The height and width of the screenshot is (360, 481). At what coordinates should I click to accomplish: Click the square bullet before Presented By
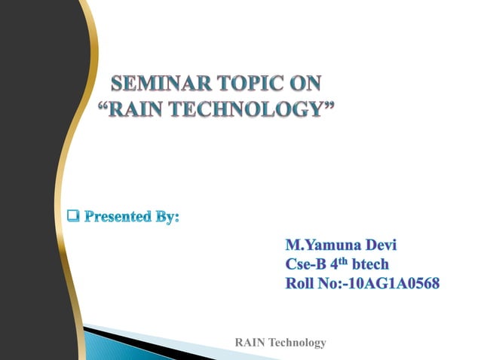tap(73, 217)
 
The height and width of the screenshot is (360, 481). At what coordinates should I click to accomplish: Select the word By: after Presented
tap(167, 218)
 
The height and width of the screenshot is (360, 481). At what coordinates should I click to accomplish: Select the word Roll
tap(301, 284)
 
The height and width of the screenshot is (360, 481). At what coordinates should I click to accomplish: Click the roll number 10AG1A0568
tap(392, 284)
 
